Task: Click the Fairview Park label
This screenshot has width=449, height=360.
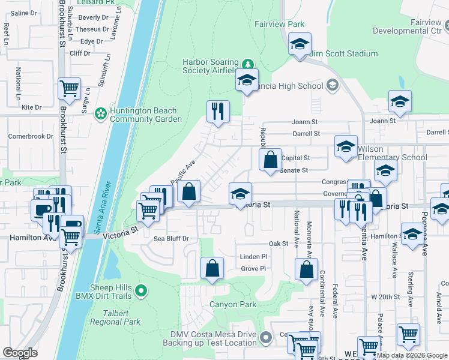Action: click(279, 25)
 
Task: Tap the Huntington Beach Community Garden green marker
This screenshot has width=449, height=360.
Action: click(101, 112)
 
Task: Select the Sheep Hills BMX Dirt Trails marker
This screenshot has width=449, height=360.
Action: click(141, 291)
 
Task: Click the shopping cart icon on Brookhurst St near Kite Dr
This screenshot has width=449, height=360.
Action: click(70, 88)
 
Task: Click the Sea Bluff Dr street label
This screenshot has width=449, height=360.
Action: click(171, 239)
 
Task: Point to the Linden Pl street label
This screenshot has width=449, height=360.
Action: click(253, 257)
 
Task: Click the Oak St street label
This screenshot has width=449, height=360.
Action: click(279, 244)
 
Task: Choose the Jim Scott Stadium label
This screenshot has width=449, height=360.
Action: click(344, 54)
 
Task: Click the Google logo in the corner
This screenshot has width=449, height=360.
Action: click(20, 353)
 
